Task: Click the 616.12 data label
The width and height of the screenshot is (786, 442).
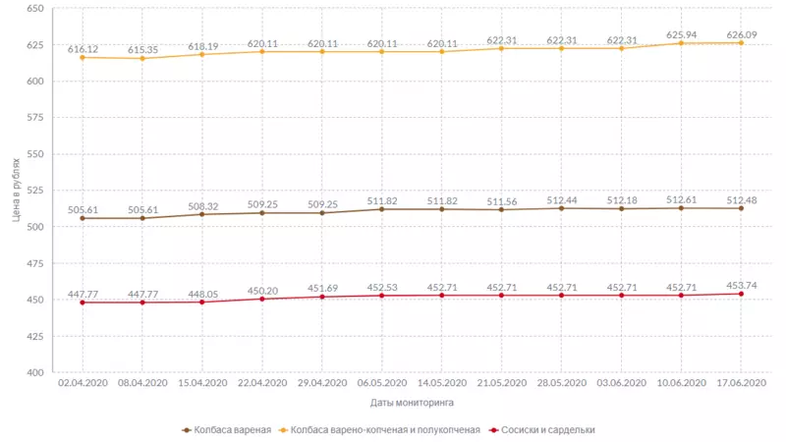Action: [83, 47]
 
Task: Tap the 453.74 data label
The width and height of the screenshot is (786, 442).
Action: [741, 285]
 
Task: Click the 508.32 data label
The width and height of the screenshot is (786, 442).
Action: [202, 205]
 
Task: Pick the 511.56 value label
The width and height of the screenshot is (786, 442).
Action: [502, 200]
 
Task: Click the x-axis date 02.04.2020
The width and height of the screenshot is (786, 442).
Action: [83, 383]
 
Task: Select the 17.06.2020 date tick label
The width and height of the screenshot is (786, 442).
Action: [741, 383]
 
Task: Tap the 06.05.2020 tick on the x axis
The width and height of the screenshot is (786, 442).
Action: [382, 383]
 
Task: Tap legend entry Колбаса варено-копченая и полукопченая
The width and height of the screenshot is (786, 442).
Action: [384, 429]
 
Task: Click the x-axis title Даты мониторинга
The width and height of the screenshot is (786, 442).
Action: [412, 403]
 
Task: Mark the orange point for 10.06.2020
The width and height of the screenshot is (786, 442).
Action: [681, 43]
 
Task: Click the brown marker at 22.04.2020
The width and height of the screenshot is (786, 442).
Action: [262, 212]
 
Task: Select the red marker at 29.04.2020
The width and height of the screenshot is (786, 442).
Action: [322, 297]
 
